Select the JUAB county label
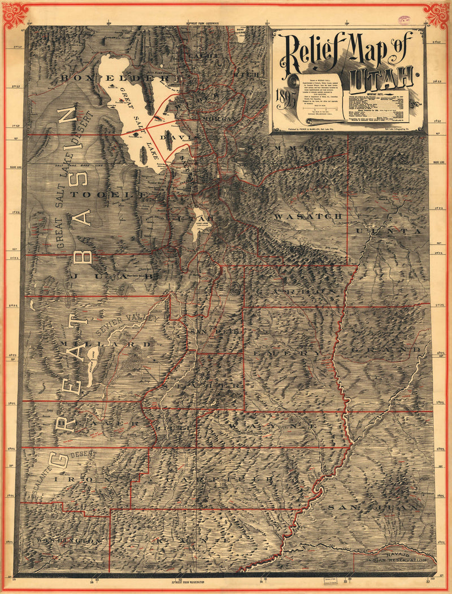113,276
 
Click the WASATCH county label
308,216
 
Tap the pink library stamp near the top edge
405,20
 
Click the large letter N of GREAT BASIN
69,116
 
